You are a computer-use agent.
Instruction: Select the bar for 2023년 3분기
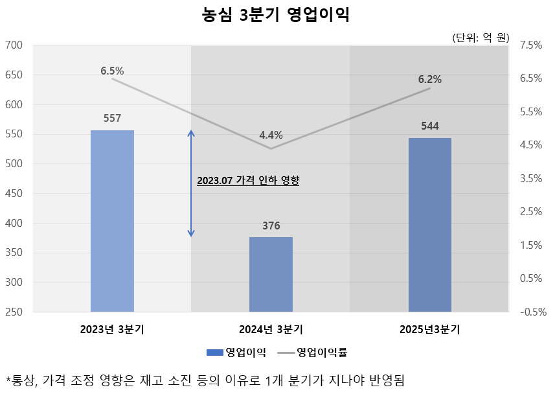click(112, 221)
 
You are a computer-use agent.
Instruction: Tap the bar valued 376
click(271, 274)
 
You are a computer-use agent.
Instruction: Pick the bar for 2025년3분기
click(429, 225)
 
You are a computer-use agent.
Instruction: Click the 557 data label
click(112, 119)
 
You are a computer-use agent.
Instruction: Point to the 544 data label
click(430, 126)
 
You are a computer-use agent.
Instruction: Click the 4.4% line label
click(271, 135)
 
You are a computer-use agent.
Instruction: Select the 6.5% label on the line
click(112, 71)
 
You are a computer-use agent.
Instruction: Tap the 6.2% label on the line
click(430, 80)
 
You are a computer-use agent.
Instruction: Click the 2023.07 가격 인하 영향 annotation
click(248, 180)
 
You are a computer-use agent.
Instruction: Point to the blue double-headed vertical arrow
click(191, 183)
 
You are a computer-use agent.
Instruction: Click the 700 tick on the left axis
click(14, 45)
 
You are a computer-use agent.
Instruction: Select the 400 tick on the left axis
click(14, 224)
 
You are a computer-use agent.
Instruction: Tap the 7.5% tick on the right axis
click(530, 45)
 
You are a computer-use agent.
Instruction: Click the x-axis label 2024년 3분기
click(271, 329)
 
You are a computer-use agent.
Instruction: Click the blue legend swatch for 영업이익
click(214, 353)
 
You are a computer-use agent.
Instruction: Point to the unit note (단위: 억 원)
click(480, 37)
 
